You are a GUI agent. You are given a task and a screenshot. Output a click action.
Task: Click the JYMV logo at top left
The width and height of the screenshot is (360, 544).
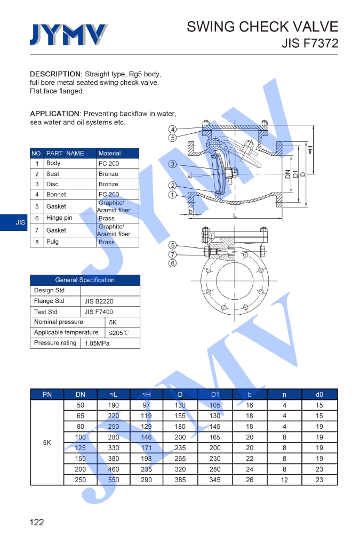[68, 35]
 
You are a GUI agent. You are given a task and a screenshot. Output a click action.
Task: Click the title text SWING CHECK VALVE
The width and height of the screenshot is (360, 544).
[262, 27]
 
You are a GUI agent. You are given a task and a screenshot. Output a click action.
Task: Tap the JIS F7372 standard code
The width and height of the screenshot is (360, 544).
[310, 44]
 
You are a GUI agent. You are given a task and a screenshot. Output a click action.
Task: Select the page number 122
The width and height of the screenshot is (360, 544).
[37, 522]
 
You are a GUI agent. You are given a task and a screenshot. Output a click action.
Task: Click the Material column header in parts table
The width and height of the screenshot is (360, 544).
[110, 153]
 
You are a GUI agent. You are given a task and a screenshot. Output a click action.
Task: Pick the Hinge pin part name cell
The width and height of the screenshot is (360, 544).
[59, 218]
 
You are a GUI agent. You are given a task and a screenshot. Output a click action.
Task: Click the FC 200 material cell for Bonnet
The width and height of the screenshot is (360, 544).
[109, 195]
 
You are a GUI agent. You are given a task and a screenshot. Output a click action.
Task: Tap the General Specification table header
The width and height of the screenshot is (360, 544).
[85, 280]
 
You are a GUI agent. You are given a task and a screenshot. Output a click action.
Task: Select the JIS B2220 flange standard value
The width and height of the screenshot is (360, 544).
[99, 301]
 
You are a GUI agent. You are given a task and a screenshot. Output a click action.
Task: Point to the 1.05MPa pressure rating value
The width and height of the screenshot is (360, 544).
[97, 343]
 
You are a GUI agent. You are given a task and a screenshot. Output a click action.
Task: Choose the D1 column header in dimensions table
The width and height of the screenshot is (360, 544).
[215, 395]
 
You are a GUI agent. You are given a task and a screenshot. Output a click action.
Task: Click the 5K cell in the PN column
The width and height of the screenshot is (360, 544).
[47, 442]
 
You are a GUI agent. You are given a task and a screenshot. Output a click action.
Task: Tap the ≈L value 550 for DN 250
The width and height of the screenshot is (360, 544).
[114, 480]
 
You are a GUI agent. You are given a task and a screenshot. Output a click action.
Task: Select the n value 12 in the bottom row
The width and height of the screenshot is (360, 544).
[284, 480]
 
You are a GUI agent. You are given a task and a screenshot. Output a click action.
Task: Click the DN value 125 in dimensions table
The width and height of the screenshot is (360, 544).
[81, 448]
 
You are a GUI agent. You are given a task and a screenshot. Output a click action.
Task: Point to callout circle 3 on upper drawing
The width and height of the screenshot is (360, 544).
[173, 164]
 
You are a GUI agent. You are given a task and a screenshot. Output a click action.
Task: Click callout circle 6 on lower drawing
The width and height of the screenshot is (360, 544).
[173, 263]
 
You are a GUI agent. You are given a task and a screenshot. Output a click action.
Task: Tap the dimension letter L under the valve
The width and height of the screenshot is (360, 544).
[235, 215]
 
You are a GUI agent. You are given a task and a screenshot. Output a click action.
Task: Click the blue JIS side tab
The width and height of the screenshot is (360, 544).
[20, 222]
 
